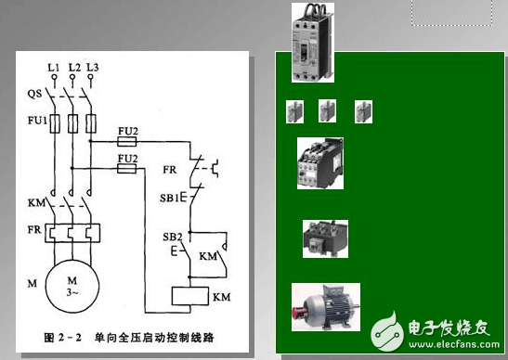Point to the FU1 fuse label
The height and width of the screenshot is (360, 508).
(33, 121)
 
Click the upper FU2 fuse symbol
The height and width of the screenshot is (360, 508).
(127, 143)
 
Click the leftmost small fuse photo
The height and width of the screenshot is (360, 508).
(295, 112)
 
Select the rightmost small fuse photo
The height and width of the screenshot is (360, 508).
(363, 112)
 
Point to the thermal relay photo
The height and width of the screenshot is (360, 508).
(325, 238)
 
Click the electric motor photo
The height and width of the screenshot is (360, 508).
(325, 307)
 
